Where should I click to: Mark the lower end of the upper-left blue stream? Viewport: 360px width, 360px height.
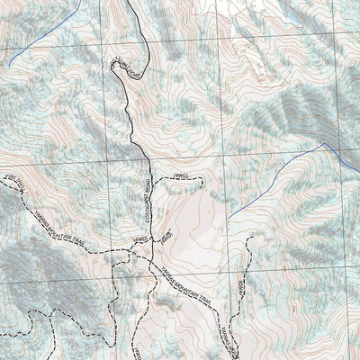point(7,66)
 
